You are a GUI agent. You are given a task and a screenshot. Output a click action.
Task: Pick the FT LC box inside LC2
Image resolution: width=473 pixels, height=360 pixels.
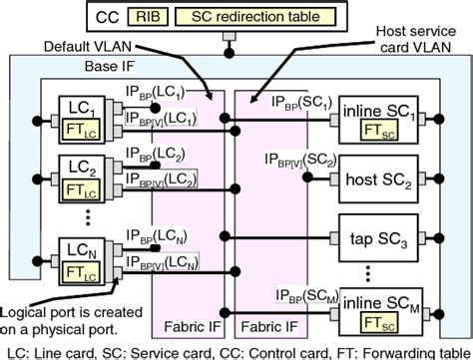76,185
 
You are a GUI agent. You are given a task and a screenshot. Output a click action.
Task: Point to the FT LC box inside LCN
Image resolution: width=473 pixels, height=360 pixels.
76,267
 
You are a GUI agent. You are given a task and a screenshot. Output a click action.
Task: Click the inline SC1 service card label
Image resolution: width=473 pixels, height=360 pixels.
382,106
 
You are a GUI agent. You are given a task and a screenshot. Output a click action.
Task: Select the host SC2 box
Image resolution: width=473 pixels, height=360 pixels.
382,182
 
